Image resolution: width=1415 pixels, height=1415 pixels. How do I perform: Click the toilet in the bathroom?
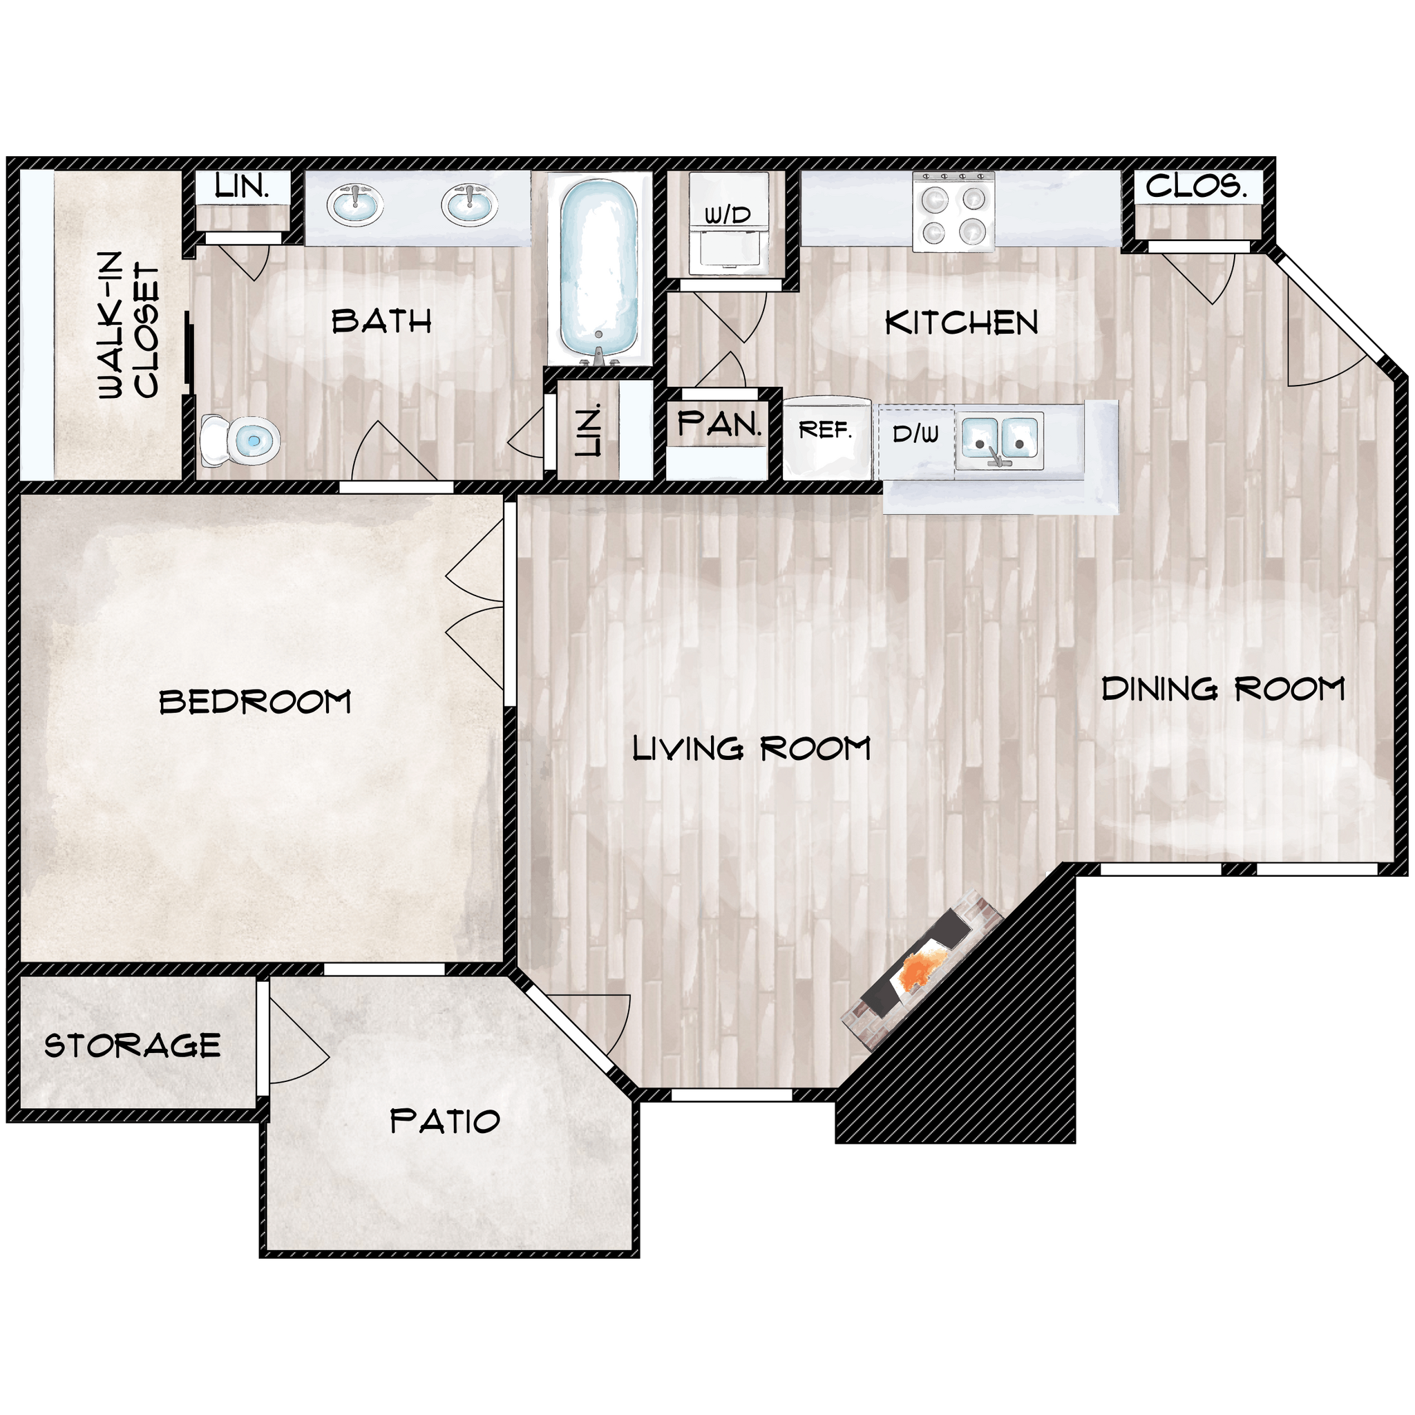pyautogui.click(x=242, y=441)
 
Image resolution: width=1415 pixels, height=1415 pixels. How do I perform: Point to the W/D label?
pyautogui.click(x=728, y=216)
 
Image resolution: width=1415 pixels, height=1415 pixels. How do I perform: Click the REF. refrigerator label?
pyautogui.click(x=826, y=430)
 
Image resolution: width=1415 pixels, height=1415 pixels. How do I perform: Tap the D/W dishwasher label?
pyautogui.click(x=915, y=435)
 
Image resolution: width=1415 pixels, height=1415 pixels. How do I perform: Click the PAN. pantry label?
pyautogui.click(x=719, y=424)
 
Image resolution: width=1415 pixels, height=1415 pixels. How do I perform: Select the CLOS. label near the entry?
pyautogui.click(x=1196, y=186)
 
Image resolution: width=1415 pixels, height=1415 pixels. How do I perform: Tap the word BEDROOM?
pyautogui.click(x=255, y=703)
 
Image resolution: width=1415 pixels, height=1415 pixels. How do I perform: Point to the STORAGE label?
pyautogui.click(x=133, y=1046)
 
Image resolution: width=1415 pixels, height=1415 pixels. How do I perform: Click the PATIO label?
pyautogui.click(x=444, y=1121)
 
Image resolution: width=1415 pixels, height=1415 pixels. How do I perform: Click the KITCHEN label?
pyautogui.click(x=961, y=323)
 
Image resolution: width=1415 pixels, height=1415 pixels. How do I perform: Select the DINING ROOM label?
pyautogui.click(x=1222, y=689)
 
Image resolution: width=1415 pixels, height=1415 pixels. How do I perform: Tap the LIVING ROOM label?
pyautogui.click(x=752, y=748)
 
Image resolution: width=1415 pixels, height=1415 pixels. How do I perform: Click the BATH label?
pyautogui.click(x=381, y=321)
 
